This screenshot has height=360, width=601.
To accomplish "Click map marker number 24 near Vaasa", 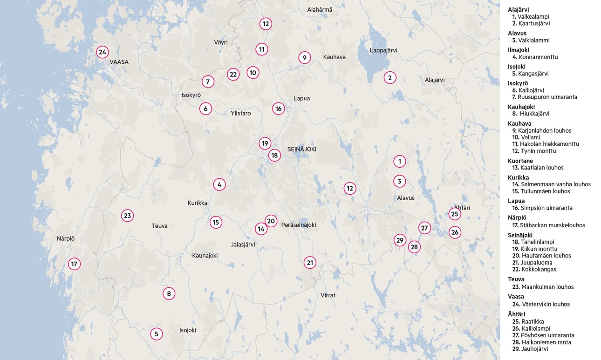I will pyautogui.click(x=102, y=52).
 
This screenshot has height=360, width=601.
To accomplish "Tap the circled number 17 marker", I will pyautogui.click(x=74, y=264).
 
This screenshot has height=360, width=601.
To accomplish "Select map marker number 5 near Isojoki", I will pyautogui.click(x=157, y=334).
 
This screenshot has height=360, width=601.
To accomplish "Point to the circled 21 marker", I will pyautogui.click(x=310, y=263).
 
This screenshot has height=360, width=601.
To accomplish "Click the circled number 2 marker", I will pyautogui.click(x=390, y=78).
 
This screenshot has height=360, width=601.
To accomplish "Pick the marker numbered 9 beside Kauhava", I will pyautogui.click(x=304, y=58).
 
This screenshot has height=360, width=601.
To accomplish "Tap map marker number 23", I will pyautogui.click(x=127, y=216).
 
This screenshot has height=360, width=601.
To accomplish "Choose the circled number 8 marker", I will pyautogui.click(x=169, y=293).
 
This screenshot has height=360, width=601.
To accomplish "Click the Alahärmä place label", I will pyautogui.click(x=320, y=10).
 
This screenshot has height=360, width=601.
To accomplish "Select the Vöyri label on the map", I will pyautogui.click(x=221, y=42).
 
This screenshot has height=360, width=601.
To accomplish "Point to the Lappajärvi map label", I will pyautogui.click(x=382, y=50).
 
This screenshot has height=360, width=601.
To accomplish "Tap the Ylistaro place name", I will pyautogui.click(x=241, y=113).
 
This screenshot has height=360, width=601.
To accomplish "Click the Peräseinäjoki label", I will pyautogui.click(x=299, y=225).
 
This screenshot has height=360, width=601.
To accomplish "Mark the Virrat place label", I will pyautogui.click(x=328, y=295).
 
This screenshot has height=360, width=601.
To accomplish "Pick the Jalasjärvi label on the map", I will pyautogui.click(x=243, y=245).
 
